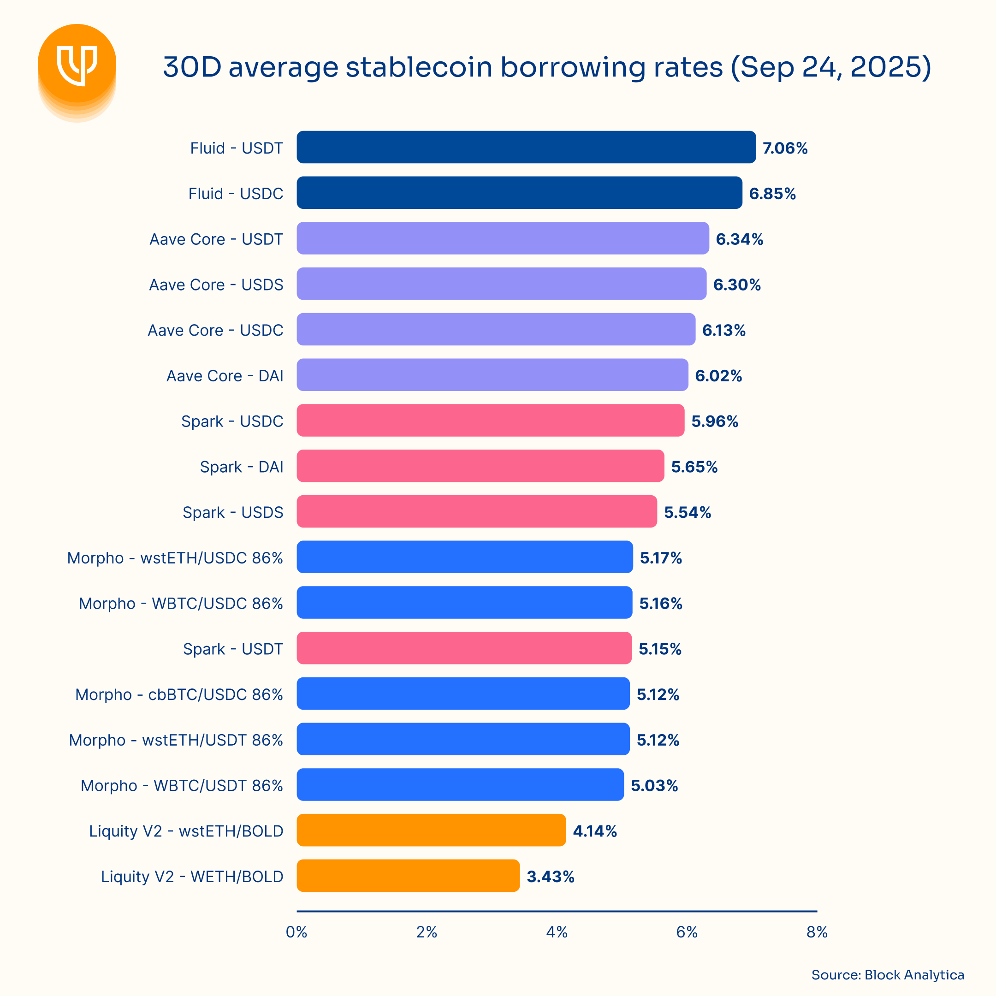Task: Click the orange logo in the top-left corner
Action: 77,65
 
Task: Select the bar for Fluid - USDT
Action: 526,147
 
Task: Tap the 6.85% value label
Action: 772,194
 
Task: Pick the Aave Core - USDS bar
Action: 501,284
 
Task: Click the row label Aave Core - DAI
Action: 225,376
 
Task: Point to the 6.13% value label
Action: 723,331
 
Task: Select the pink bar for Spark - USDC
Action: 490,420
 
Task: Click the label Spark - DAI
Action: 241,467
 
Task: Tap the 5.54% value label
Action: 687,512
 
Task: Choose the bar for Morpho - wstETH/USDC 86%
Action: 464,557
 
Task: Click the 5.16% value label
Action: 660,604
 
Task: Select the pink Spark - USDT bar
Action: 464,648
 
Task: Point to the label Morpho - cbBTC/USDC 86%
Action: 179,694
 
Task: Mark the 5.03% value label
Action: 654,786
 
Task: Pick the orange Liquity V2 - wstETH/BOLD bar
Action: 431,830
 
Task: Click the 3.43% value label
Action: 550,877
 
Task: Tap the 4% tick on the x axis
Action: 557,932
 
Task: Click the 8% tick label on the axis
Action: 817,932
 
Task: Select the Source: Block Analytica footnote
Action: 887,975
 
